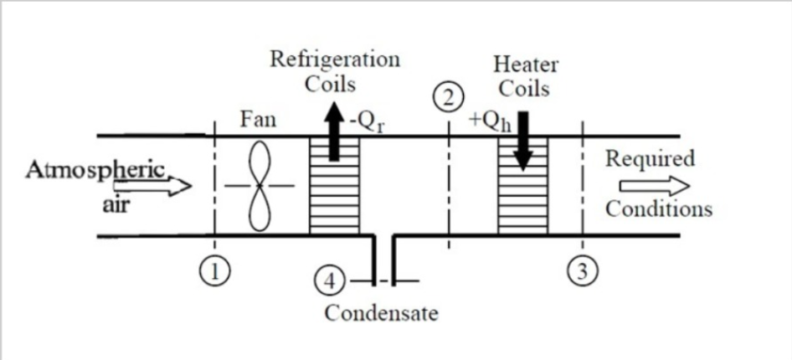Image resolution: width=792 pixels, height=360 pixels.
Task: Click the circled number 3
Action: tap(582, 271)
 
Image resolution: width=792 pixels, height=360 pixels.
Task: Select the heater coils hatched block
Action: tap(523, 186)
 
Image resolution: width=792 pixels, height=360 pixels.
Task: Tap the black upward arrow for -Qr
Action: tap(334, 138)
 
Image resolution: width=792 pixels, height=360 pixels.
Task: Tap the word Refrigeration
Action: tap(334, 59)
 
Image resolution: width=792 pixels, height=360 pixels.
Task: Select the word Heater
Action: tap(526, 64)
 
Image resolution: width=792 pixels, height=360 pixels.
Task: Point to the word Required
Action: tap(650, 158)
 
